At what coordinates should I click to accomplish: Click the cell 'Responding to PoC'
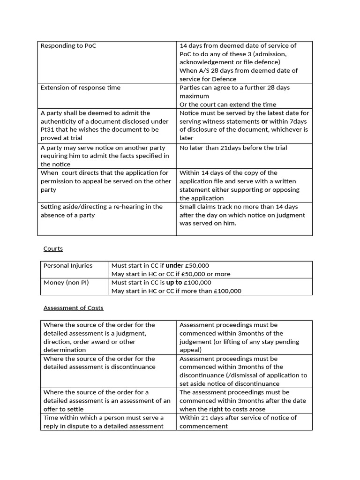[68, 45]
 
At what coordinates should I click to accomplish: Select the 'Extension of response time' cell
[80, 88]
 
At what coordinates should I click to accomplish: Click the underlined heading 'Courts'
[53, 248]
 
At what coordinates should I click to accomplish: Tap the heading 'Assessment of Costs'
[73, 308]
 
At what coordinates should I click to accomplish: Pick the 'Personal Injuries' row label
[68, 265]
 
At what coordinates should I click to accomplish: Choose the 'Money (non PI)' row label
[66, 282]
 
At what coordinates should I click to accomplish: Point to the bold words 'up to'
[174, 282]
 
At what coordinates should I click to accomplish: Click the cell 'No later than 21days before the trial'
[233, 148]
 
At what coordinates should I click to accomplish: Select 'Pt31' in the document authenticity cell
[48, 129]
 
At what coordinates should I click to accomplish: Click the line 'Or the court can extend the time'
[228, 105]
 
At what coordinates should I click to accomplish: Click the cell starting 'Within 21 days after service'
[238, 418]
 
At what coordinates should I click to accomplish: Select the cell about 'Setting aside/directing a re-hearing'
[101, 210]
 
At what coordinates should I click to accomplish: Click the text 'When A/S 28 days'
[207, 71]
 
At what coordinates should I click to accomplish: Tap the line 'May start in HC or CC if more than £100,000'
[176, 291]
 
